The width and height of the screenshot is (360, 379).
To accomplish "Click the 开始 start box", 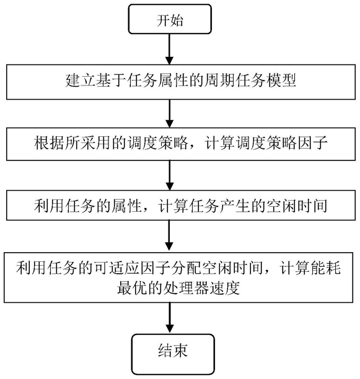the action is pyautogui.click(x=170, y=19).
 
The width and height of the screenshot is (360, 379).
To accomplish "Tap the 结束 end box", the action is pyautogui.click(x=173, y=354).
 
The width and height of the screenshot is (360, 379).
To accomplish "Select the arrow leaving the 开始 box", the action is pyautogui.click(x=170, y=49).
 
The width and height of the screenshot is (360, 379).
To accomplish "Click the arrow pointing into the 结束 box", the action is pyautogui.click(x=170, y=318).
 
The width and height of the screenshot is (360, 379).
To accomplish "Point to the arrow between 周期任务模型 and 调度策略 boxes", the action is pyautogui.click(x=170, y=113).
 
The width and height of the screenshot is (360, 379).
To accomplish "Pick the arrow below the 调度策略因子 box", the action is pyautogui.click(x=170, y=175).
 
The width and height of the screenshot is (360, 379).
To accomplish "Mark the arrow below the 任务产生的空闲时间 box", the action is pyautogui.click(x=170, y=237).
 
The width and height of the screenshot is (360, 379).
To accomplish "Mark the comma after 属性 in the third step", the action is pyautogui.click(x=146, y=209).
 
